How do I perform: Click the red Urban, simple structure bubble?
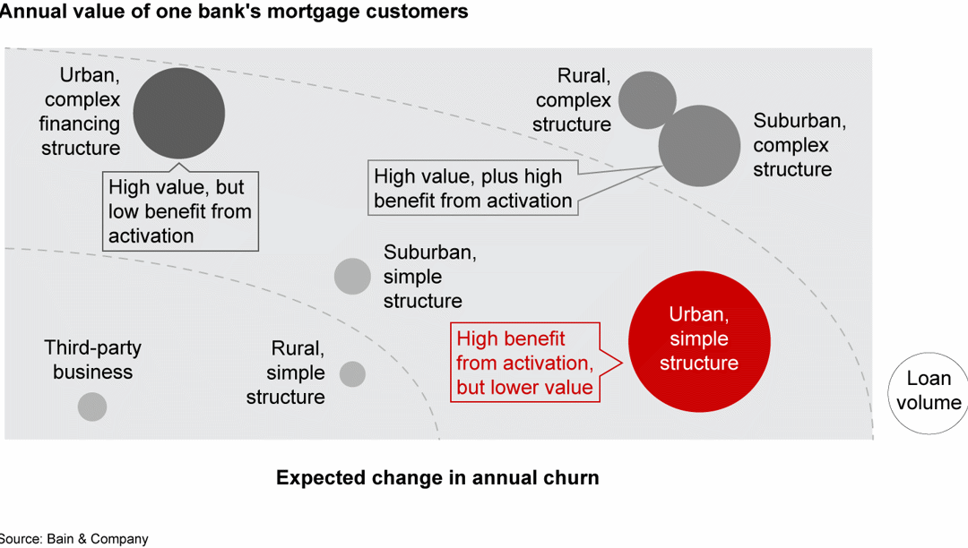point(699,341)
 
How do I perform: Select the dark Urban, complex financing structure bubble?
point(178,113)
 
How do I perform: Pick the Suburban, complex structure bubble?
point(700,146)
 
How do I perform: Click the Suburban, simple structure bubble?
point(352,276)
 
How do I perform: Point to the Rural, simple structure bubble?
point(352,374)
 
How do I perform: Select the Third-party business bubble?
point(91,407)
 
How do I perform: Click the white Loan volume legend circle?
point(929,392)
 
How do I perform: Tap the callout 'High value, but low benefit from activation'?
point(180,211)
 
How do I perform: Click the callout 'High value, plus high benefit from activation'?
point(472,188)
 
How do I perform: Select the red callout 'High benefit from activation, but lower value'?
point(524,363)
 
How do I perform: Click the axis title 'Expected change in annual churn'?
point(437,477)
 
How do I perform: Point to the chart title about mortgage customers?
point(233,12)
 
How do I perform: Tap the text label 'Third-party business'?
point(92,360)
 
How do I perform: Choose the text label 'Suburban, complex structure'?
point(799,145)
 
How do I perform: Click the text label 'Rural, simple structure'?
point(286,372)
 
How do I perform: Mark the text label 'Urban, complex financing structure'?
point(82,112)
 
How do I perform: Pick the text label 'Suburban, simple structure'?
point(429,277)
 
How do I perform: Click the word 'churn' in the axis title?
point(569,477)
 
